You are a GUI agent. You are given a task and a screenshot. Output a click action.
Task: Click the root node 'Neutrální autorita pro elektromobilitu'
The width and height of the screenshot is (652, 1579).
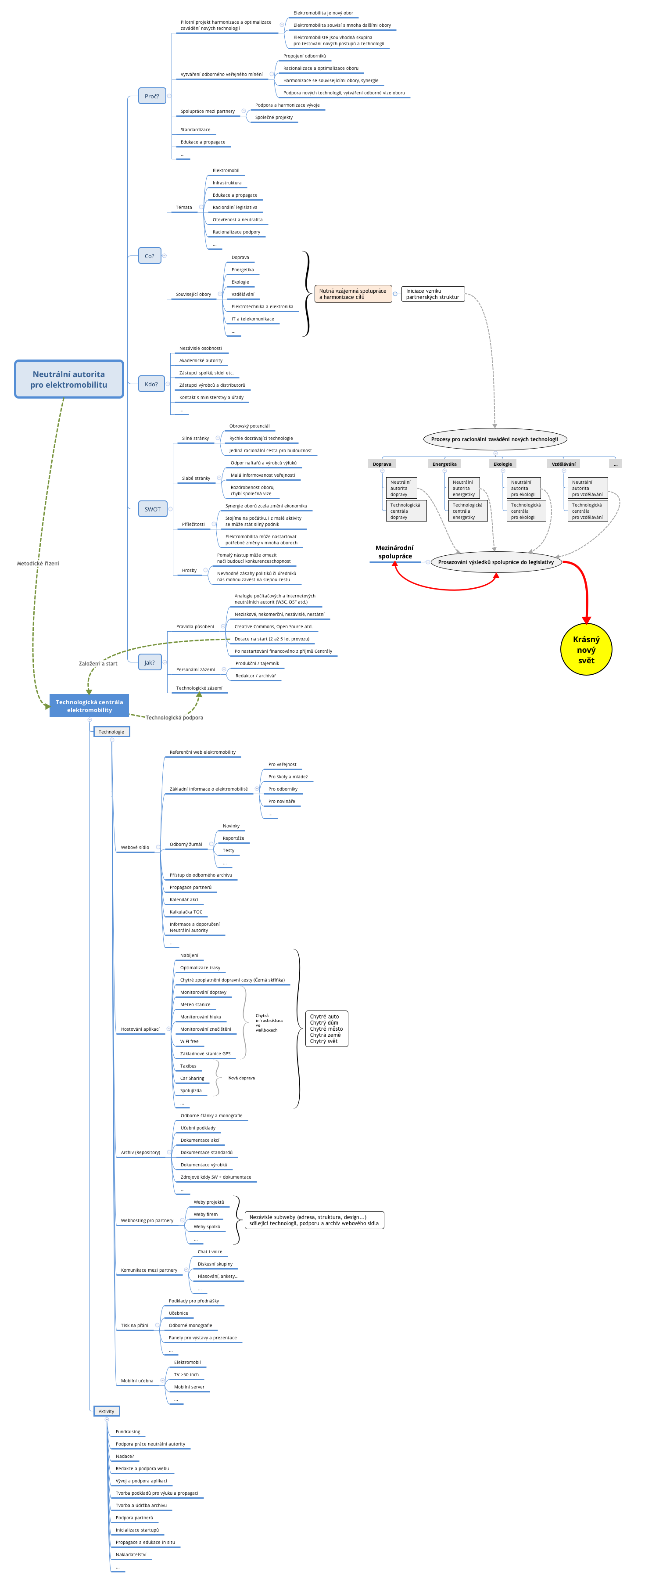point(68,379)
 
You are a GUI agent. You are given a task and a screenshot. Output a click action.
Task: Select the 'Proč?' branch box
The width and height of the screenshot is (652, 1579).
point(152,96)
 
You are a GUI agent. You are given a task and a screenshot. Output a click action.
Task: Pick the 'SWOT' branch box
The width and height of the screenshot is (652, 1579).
point(153,509)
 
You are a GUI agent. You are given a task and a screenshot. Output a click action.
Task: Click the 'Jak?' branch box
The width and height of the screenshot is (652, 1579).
point(150,662)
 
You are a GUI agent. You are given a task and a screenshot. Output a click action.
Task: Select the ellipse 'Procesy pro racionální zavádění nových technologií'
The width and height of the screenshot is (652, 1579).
point(494,439)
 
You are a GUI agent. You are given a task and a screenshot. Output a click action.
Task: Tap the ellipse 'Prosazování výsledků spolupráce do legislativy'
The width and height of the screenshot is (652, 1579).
point(496,562)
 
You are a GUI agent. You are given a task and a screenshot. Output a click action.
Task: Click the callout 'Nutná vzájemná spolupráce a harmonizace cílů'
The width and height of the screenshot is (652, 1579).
point(353,294)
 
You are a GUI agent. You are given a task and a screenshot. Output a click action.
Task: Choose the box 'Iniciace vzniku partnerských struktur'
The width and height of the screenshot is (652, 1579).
point(433,294)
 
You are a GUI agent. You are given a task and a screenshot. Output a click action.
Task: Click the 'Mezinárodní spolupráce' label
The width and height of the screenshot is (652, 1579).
point(394,552)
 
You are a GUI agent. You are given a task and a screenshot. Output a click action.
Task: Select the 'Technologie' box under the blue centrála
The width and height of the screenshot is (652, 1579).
point(111,732)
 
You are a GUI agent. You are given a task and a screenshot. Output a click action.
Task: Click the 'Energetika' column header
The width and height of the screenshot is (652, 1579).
point(444,464)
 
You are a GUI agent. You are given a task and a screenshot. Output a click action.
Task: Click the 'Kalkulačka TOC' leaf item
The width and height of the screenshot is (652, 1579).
point(186,912)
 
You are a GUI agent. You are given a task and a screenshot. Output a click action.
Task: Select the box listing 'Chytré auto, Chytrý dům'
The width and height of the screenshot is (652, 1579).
point(326,1029)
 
